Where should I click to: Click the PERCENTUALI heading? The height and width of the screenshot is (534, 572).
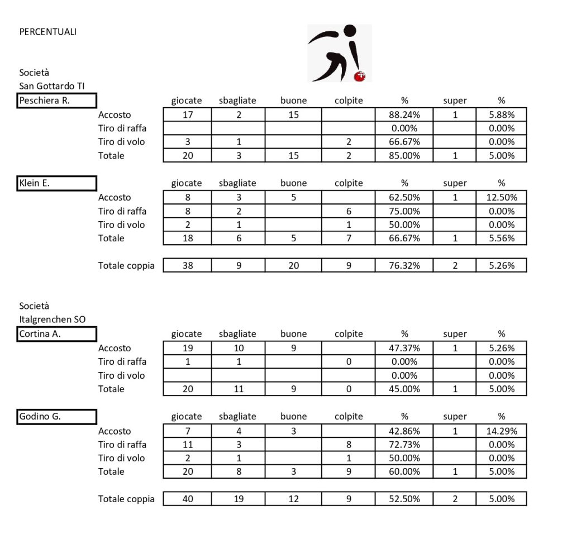click(x=48, y=32)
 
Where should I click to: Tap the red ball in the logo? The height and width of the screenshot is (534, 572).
click(x=360, y=75)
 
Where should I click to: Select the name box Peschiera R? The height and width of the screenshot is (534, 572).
click(x=57, y=101)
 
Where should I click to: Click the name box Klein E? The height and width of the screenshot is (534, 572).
click(x=57, y=183)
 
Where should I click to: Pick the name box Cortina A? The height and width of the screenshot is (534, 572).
click(x=57, y=334)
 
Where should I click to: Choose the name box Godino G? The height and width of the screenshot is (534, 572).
click(x=57, y=417)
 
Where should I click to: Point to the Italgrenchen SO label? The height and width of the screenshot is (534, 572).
click(x=53, y=320)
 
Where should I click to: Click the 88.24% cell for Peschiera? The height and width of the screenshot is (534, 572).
click(x=404, y=115)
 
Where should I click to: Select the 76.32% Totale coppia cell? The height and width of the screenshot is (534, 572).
click(x=404, y=266)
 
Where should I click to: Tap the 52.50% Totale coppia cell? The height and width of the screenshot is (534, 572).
click(x=404, y=499)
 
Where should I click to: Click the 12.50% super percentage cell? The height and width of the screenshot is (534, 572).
click(x=502, y=197)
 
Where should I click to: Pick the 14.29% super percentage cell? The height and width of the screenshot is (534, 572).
click(x=502, y=431)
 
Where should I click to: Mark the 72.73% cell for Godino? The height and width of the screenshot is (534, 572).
click(x=404, y=445)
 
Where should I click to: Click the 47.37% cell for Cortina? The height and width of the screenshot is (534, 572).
click(x=404, y=348)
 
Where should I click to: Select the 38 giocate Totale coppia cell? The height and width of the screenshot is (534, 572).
click(x=188, y=266)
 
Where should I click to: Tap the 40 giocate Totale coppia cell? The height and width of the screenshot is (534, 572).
click(x=188, y=499)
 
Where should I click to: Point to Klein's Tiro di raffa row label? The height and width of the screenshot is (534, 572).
click(x=122, y=211)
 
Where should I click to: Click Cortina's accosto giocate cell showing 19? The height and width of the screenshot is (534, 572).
click(x=188, y=348)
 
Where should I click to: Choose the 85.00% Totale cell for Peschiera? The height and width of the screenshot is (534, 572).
click(x=404, y=156)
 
